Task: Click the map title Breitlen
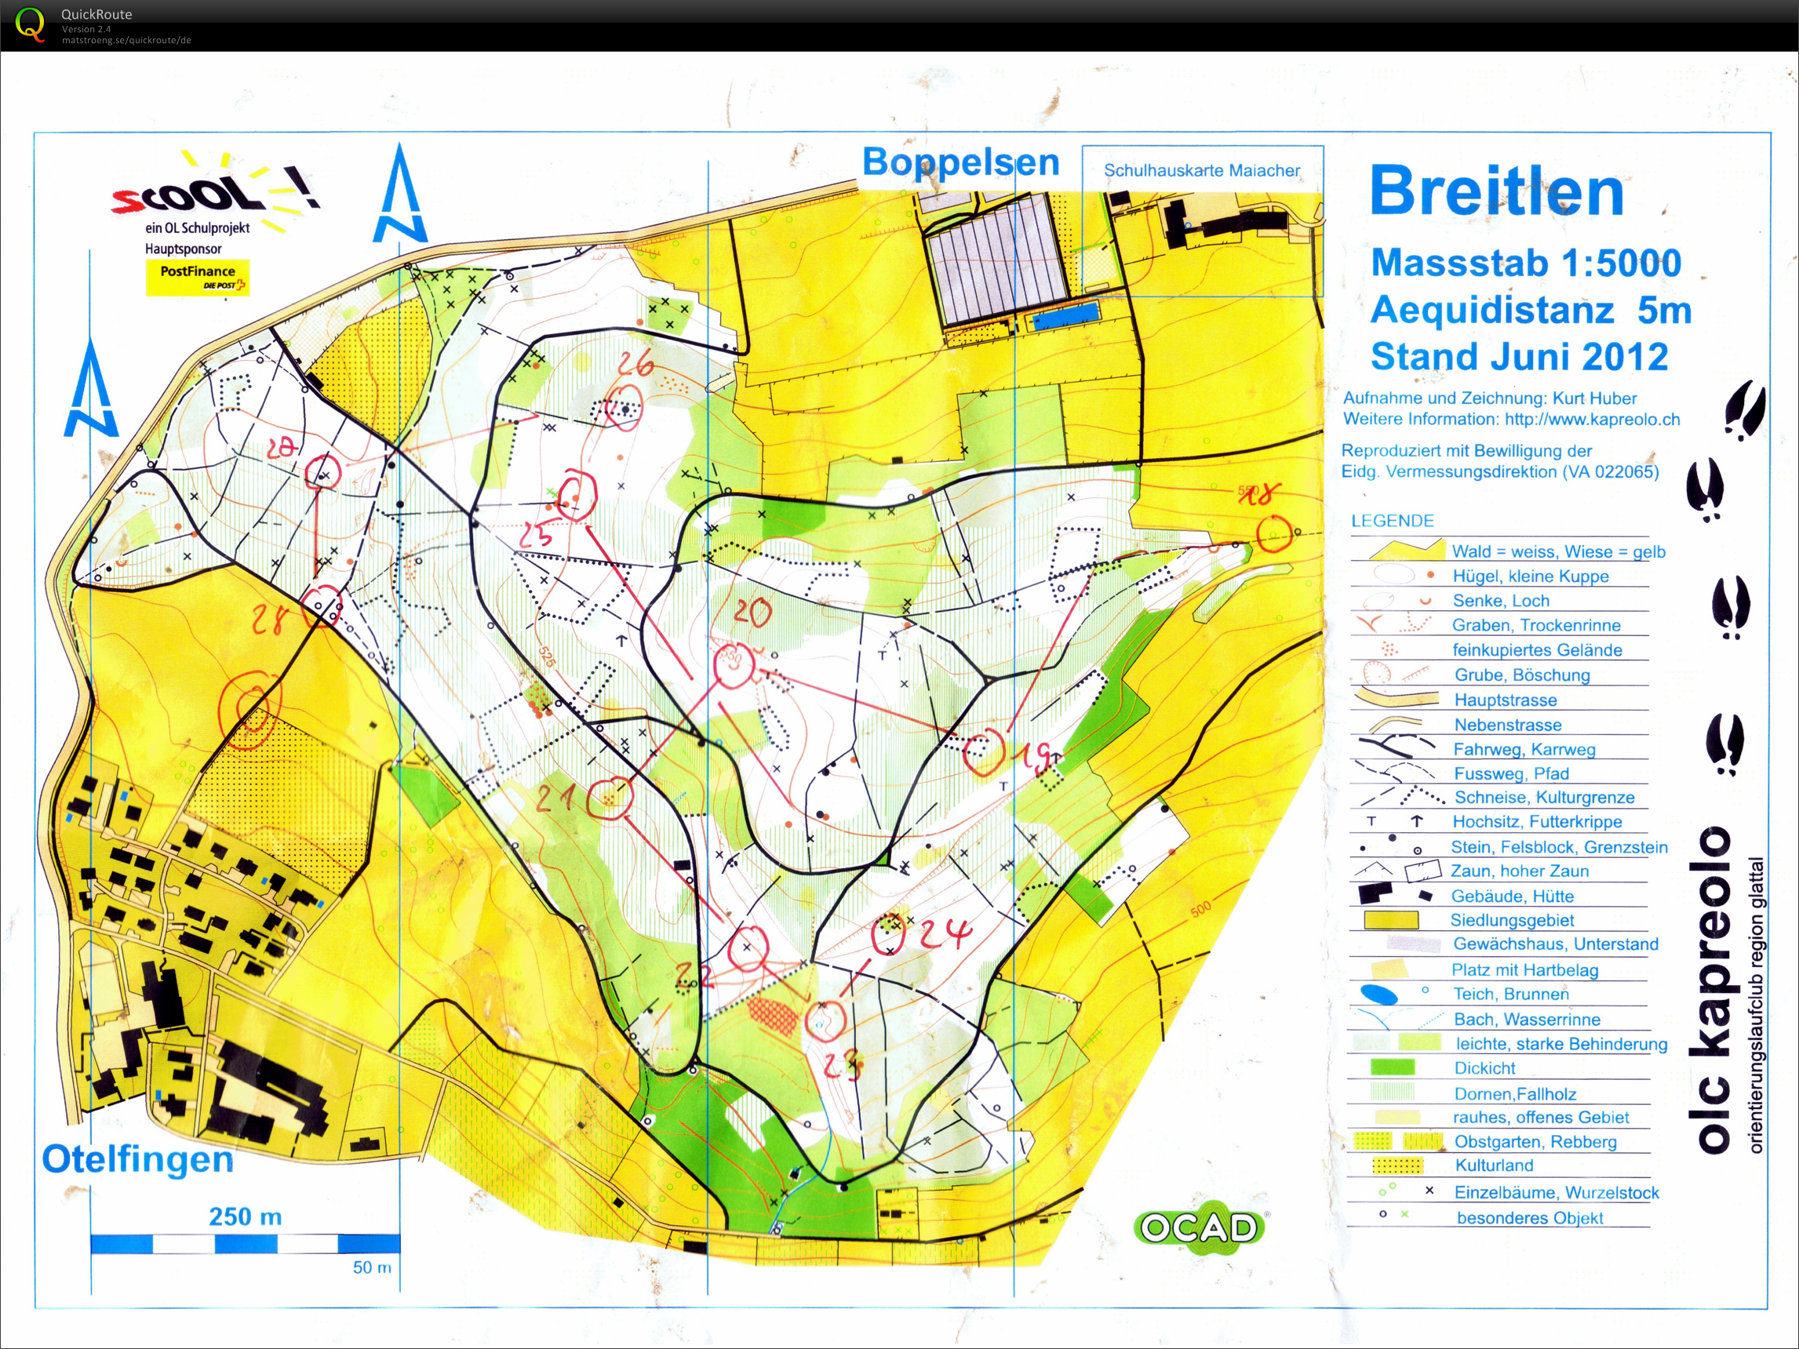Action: pos(1496,192)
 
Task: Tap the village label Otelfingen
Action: pos(137,1158)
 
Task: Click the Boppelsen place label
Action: pos(960,162)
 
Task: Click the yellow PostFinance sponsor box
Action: pos(197,277)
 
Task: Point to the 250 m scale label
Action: pos(245,1216)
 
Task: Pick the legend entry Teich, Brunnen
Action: pos(1511,994)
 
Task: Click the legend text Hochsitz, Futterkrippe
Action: pos(1537,821)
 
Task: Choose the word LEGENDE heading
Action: pos(1393,521)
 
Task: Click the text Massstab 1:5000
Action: pos(1526,263)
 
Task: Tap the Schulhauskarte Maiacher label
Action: pos(1201,171)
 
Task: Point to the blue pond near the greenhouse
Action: pos(1064,315)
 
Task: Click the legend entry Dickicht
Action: pos(1484,1067)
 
